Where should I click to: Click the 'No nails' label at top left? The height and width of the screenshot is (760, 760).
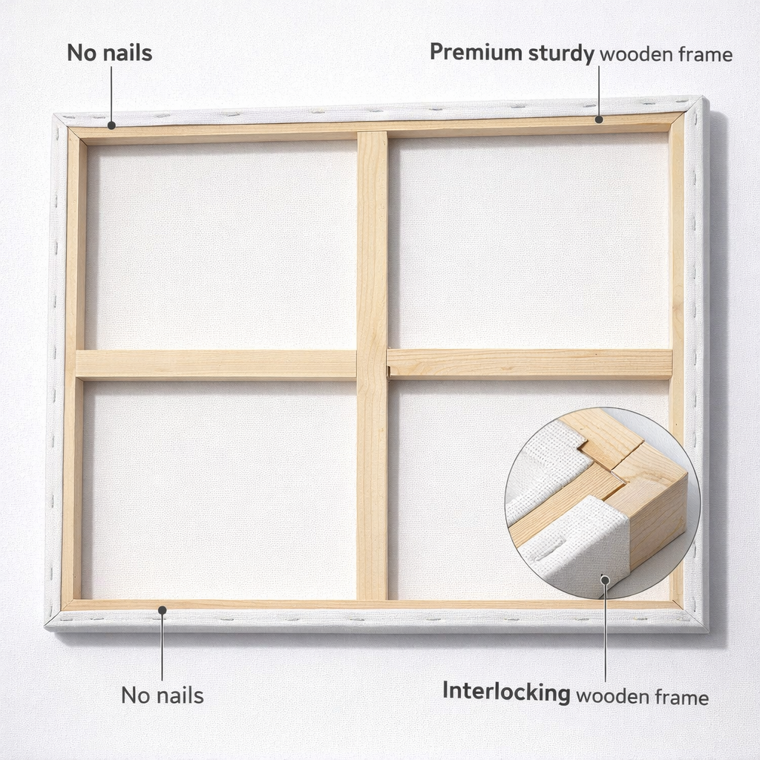click(110, 53)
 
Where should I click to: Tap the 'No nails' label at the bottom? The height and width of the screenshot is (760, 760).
click(163, 695)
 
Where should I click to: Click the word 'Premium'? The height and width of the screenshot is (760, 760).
click(476, 52)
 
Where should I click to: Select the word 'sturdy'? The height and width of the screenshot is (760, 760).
click(561, 53)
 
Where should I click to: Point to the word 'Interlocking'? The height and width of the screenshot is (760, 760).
click(506, 692)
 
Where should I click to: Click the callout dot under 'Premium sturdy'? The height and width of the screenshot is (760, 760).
click(599, 119)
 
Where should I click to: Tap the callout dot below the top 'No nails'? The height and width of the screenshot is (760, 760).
click(111, 125)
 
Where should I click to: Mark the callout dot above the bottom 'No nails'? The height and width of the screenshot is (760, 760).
click(163, 610)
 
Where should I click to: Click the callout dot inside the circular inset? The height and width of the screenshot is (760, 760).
click(605, 580)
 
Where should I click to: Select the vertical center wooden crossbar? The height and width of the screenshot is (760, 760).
click(373, 366)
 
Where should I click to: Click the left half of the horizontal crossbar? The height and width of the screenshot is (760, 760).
click(216, 364)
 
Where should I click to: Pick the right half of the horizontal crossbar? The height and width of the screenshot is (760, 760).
click(530, 364)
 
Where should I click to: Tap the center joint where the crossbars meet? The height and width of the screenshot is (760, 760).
click(373, 364)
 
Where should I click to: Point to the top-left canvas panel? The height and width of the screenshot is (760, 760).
click(221, 245)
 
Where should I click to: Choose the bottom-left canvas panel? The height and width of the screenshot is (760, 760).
click(219, 490)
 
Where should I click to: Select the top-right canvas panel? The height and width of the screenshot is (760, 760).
click(528, 240)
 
